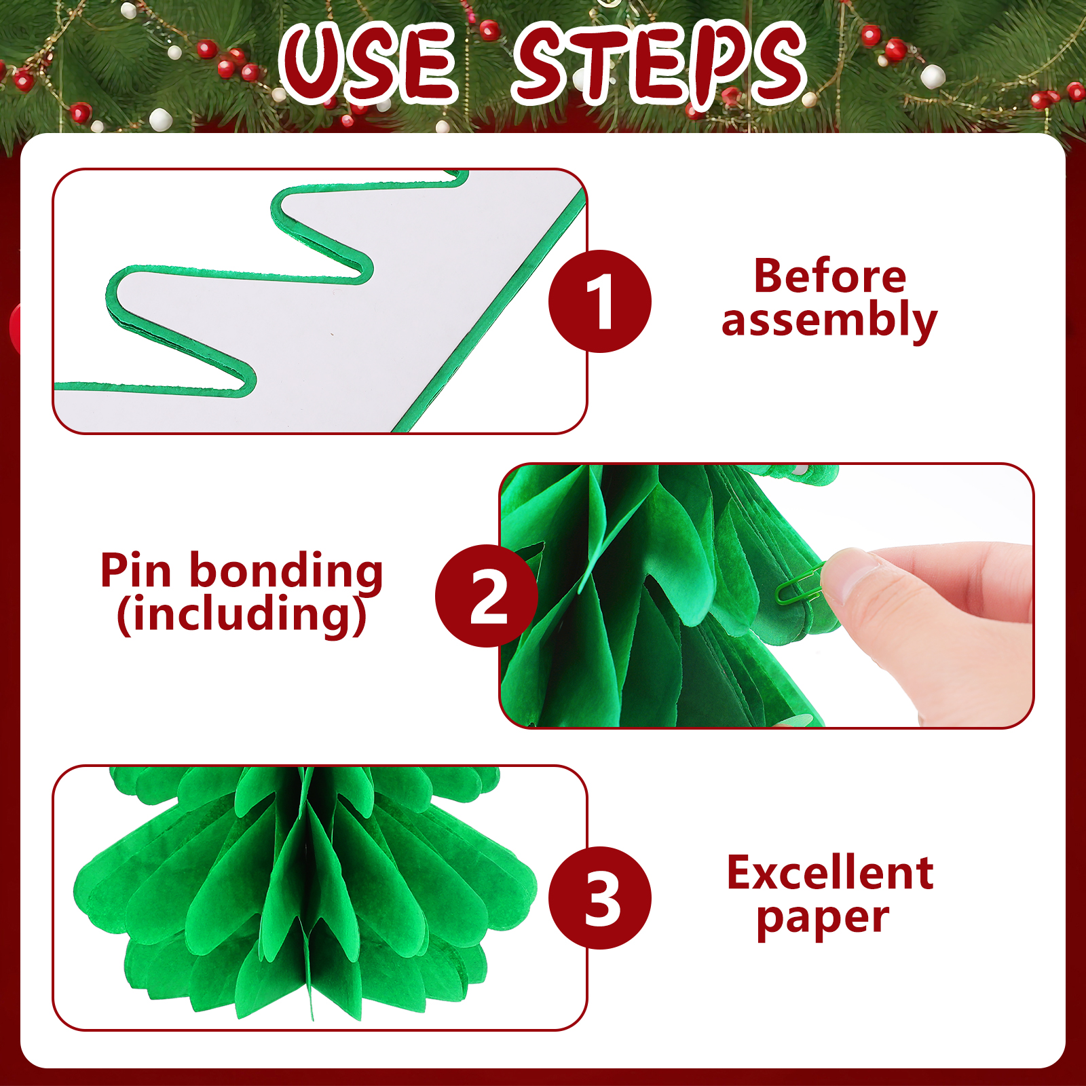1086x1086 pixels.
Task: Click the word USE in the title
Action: [x=367, y=63]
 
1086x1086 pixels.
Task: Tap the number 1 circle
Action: [x=600, y=301]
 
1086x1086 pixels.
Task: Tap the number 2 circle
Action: [x=487, y=595]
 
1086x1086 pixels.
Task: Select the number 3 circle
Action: [x=600, y=897]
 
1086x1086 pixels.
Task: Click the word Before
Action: [x=830, y=276]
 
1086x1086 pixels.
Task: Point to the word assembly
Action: [x=829, y=320]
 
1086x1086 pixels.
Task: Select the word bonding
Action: [x=286, y=572]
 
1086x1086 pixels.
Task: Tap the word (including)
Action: [x=242, y=615]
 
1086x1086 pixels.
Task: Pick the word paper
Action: [x=823, y=919]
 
